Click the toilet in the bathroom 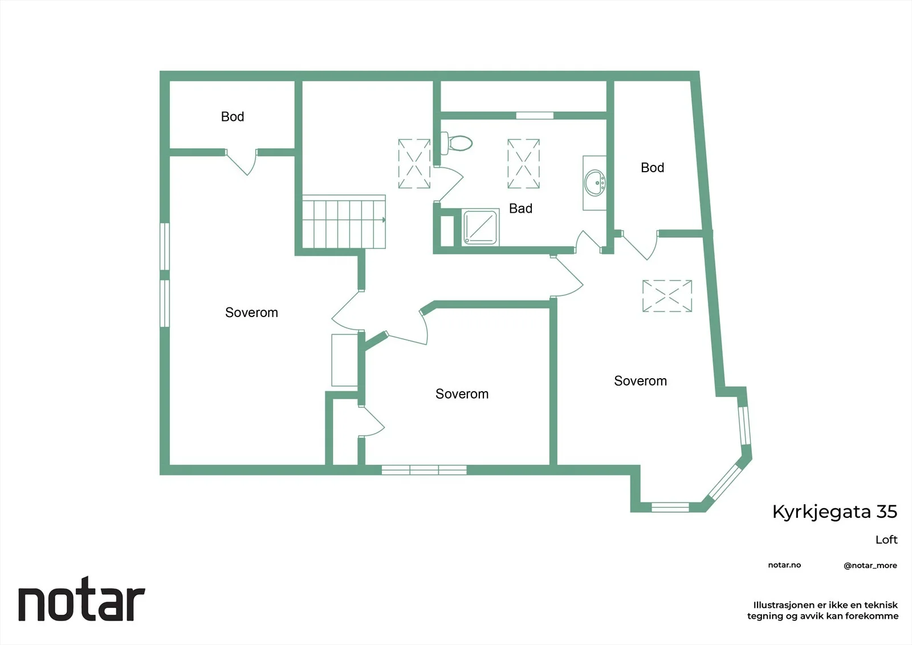click(x=457, y=143)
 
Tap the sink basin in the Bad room click(x=595, y=184)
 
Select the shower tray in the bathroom click(x=481, y=228)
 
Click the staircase click(x=344, y=222)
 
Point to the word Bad click(x=521, y=209)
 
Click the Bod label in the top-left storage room click(x=233, y=116)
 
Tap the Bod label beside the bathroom click(x=652, y=168)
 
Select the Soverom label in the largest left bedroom click(x=251, y=313)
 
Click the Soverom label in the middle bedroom click(x=462, y=394)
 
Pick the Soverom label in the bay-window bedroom click(x=641, y=381)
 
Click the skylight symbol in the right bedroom click(x=667, y=296)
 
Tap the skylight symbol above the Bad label click(x=524, y=164)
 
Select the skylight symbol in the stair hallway click(x=414, y=164)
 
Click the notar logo click(x=82, y=599)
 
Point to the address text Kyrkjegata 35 click(x=834, y=512)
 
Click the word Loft click(x=886, y=540)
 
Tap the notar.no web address click(x=784, y=565)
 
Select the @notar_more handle click(x=870, y=566)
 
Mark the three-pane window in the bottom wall click(x=424, y=470)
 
